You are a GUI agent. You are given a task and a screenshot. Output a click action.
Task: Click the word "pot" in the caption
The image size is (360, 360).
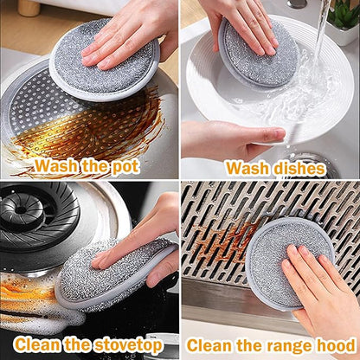[125, 166]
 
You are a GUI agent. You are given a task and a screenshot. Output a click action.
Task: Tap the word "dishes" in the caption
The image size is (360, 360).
[299, 169]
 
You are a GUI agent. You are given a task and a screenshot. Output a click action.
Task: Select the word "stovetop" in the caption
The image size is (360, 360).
[128, 344]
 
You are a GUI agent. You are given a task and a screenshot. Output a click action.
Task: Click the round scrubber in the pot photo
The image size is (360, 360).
[105, 60]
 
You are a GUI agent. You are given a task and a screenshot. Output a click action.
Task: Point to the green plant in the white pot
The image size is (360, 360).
[344, 14]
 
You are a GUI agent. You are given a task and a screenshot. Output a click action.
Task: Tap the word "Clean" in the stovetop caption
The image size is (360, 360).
[38, 344]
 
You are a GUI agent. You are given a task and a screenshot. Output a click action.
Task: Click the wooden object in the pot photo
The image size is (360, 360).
[29, 8]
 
